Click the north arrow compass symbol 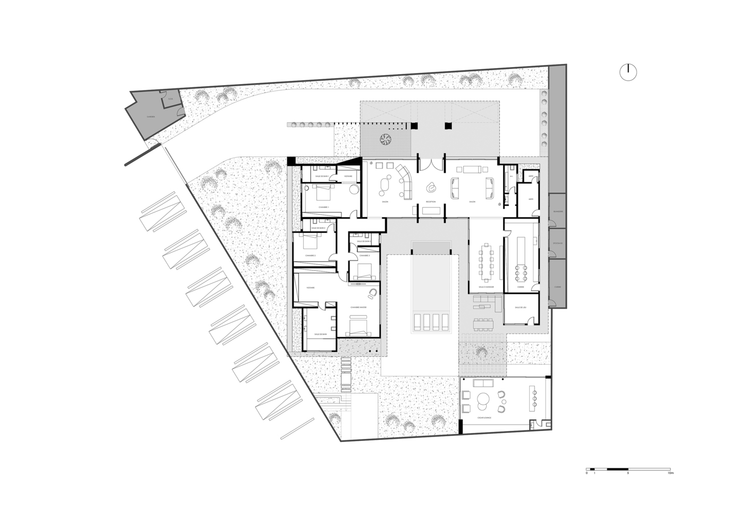(x=628, y=72)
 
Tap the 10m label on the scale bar (x=671, y=473)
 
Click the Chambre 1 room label (x=324, y=207)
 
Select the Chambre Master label (x=359, y=307)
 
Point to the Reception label (x=431, y=202)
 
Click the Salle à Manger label (x=486, y=287)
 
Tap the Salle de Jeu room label (x=520, y=307)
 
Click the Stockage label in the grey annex (x=557, y=243)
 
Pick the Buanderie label (x=558, y=211)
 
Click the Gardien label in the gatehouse (x=152, y=119)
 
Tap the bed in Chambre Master (x=359, y=325)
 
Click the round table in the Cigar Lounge (x=484, y=400)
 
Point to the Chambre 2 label (x=311, y=256)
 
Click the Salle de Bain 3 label (x=363, y=241)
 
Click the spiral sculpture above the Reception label (x=431, y=187)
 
